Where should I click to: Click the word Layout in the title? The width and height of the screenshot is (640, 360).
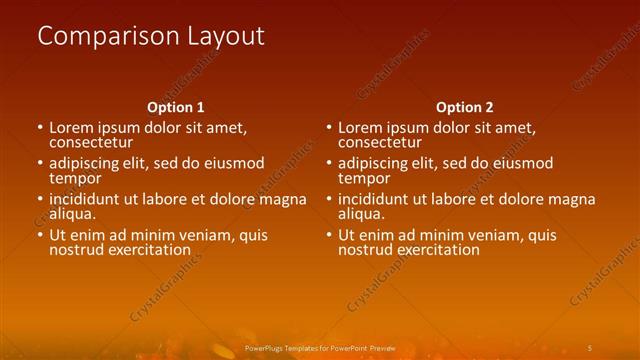click(226, 36)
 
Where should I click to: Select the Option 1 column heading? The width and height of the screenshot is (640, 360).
click(176, 107)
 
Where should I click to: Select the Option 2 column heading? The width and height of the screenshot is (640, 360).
click(465, 107)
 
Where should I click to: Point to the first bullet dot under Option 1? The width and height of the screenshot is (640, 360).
click(40, 128)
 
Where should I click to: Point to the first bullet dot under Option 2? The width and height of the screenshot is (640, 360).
click(329, 128)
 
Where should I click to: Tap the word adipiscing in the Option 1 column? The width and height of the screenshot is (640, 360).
click(86, 163)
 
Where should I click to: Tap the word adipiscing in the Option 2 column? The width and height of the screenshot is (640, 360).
click(375, 163)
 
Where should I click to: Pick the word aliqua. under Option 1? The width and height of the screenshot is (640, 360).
click(73, 214)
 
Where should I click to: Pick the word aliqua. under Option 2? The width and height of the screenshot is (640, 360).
click(362, 214)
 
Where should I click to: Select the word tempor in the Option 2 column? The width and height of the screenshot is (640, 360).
click(364, 178)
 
